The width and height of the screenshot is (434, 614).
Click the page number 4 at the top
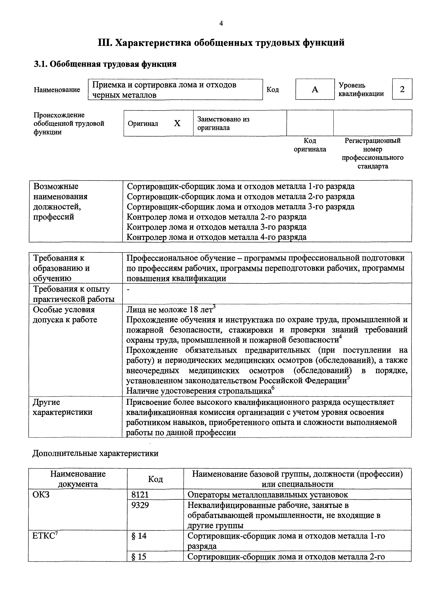(x=221, y=23)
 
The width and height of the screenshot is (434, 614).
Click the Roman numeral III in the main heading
(x=104, y=43)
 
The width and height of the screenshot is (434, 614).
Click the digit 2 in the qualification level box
(x=402, y=89)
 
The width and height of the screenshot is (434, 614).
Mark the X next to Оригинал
(x=177, y=123)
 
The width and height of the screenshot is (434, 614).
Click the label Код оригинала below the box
(x=310, y=145)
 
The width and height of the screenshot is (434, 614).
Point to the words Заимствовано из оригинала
(x=223, y=123)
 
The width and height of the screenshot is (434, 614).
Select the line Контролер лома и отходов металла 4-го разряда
(x=216, y=237)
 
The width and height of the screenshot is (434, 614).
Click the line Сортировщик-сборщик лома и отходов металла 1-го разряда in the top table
(x=241, y=186)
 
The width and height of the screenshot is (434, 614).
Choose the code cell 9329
(x=140, y=505)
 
